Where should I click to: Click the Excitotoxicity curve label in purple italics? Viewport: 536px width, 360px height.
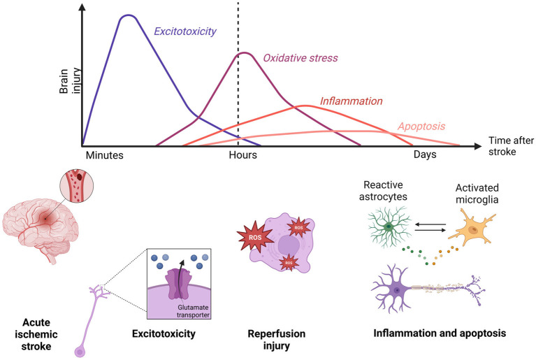[x=185, y=31]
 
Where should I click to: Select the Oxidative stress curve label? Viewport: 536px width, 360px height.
[x=300, y=58]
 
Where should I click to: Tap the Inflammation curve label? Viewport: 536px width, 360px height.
[x=351, y=101]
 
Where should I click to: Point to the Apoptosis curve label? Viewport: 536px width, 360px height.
[x=421, y=127]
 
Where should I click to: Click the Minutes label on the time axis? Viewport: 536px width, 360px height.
[x=105, y=155]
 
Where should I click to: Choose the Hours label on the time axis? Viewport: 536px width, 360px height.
[x=242, y=155]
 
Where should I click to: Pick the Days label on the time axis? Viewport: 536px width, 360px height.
[x=425, y=154]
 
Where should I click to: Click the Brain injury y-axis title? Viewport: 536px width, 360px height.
[x=69, y=80]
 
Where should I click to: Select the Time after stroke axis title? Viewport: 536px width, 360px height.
[x=511, y=146]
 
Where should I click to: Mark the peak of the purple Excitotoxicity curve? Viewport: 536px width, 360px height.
[x=128, y=15]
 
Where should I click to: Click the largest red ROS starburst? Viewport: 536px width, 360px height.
[x=254, y=236]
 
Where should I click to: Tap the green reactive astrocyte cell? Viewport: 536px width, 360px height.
[x=390, y=226]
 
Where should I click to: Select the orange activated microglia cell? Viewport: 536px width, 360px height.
[x=472, y=228]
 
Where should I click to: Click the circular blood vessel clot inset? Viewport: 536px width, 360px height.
[x=77, y=187]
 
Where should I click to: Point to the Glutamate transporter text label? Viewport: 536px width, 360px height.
[x=193, y=311]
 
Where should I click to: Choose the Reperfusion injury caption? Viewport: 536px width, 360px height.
[x=277, y=340]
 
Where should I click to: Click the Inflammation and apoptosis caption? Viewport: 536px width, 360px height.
[x=440, y=333]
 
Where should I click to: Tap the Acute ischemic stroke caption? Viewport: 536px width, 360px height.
[x=36, y=334]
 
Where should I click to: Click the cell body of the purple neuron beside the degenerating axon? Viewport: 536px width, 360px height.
[x=396, y=290]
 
